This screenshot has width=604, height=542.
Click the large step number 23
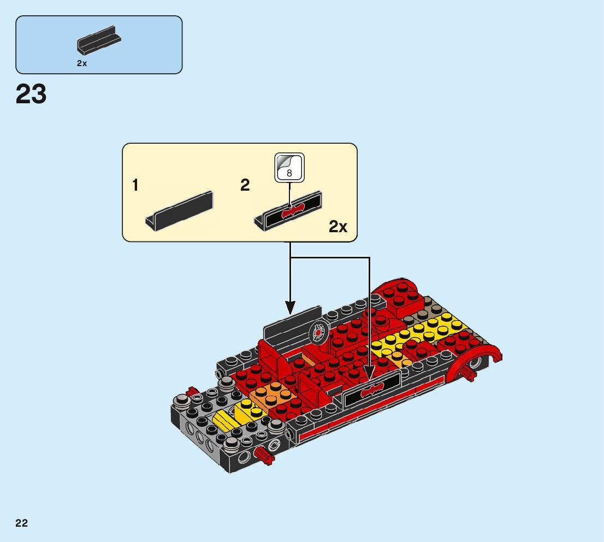click(31, 94)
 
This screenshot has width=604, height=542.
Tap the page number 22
click(22, 523)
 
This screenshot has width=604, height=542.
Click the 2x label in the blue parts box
click(82, 63)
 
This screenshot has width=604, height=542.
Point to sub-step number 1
click(135, 186)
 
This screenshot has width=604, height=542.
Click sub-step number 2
click(245, 186)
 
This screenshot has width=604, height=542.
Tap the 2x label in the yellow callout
click(338, 227)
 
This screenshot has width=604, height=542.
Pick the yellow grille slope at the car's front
click(224, 420)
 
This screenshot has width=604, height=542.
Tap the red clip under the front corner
click(264, 456)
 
